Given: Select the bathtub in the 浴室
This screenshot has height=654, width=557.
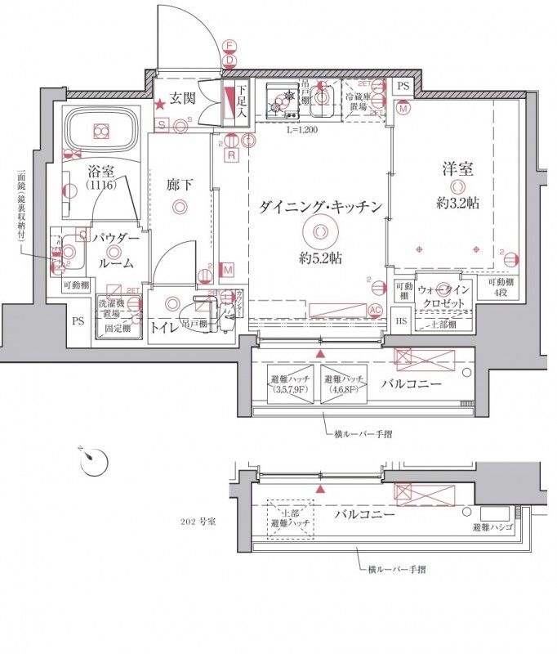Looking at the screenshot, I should point(100,132).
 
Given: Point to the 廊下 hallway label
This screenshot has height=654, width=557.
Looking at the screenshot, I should point(179,186).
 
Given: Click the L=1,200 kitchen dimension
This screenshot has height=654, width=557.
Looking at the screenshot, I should point(302,129).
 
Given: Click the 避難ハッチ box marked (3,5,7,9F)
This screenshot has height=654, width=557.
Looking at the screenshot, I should point(291,384).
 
